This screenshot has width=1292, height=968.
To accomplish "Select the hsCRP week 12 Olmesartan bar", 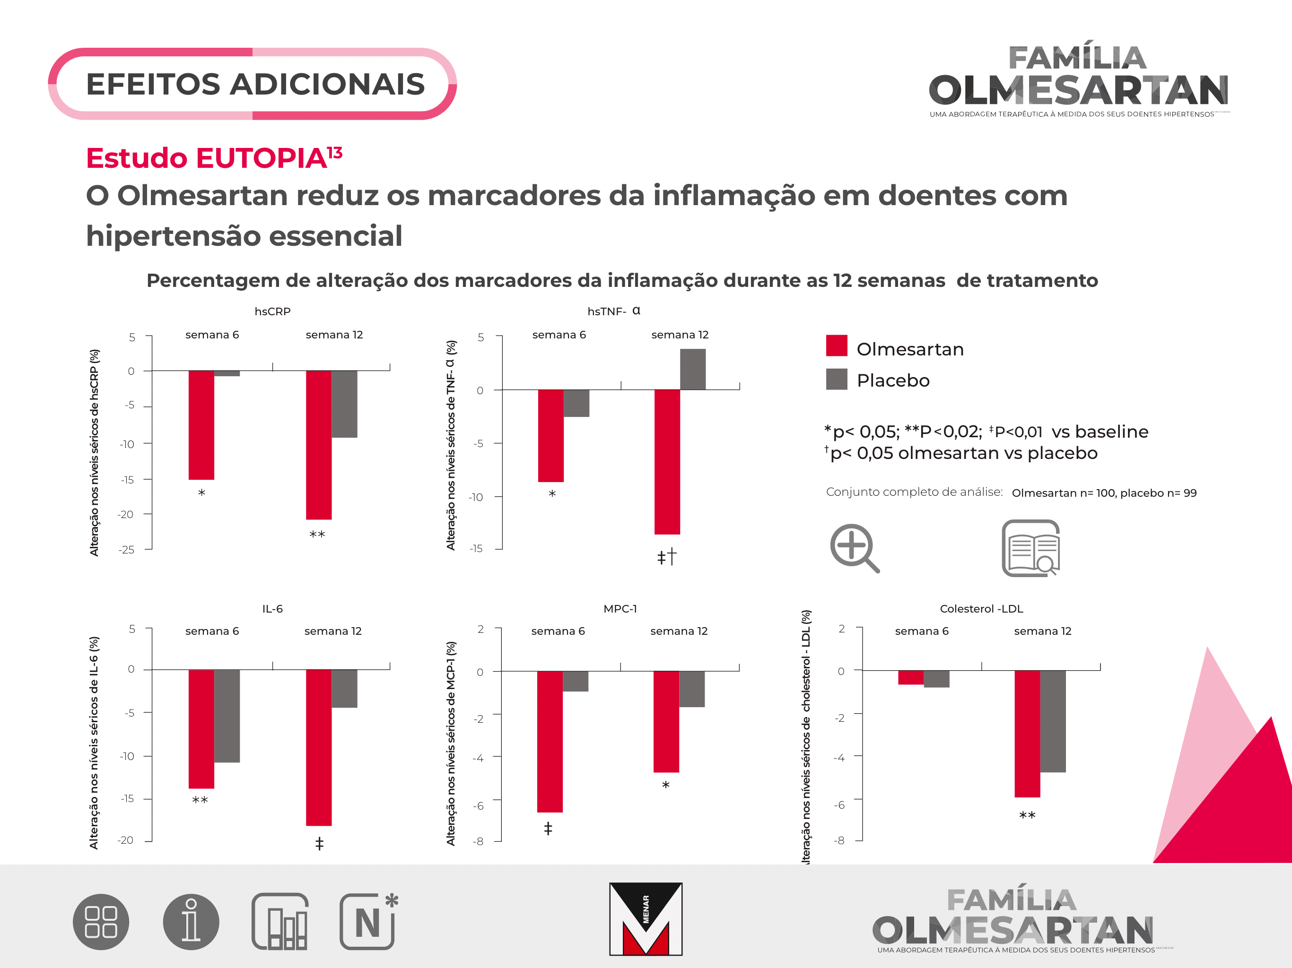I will pos(318,444).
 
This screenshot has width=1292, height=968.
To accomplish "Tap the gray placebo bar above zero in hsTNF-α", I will pos(692,369).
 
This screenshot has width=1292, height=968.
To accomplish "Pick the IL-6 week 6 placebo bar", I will pos(227,715).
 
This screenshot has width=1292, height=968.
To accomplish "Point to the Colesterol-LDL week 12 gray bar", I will pos(1053,721).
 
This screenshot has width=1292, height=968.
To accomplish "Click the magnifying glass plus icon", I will pos(854,548).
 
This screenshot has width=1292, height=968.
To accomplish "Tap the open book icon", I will pos(1031,548).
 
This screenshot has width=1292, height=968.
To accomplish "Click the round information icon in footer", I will pos(191,922).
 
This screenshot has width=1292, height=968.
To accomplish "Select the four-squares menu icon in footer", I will pos(101,922).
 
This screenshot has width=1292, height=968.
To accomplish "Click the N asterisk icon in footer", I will pos(368,922).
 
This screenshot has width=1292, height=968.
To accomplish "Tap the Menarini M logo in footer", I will pos(646,918).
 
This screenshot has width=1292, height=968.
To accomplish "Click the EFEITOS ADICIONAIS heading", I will pos(255,84).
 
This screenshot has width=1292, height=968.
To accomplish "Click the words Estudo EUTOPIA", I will pos(206,158).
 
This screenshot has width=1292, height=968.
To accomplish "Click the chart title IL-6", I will pos(272,609).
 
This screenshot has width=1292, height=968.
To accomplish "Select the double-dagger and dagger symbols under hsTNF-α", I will pos(666,556).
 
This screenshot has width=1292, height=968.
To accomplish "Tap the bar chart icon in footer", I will pos(280,922).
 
